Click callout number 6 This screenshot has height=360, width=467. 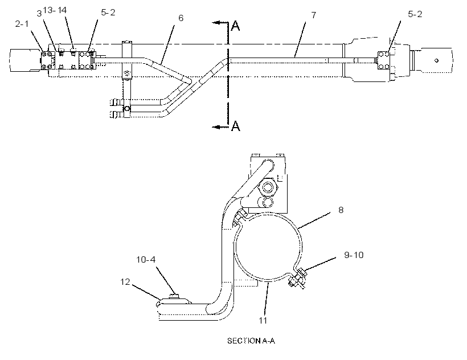181,18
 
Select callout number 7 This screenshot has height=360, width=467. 314,15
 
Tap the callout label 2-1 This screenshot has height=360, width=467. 22,24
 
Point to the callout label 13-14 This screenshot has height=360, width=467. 55,10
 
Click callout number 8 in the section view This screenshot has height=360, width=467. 341,210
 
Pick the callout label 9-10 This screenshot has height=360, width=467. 354,255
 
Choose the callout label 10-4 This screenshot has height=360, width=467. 146,260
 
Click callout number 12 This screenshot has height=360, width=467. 125,282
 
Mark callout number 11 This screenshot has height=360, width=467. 263,320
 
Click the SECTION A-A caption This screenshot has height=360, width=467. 251,341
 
